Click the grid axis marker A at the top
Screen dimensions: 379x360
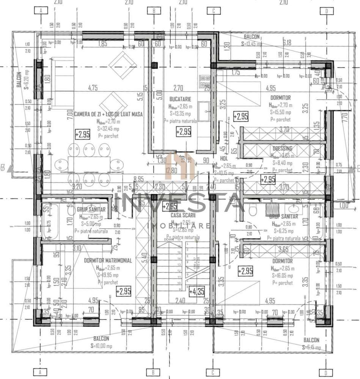pyautogui.click(x=41, y=11)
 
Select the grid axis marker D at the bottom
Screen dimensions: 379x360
pyautogui.click(x=326, y=372)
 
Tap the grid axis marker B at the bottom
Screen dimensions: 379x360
pyautogui.click(x=154, y=372)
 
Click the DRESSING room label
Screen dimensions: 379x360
pyautogui.click(x=282, y=148)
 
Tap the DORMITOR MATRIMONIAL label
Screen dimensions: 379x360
pyautogui.click(x=108, y=261)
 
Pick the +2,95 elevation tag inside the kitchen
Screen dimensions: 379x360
pyautogui.click(x=184, y=132)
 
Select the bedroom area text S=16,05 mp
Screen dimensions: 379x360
pyautogui.click(x=282, y=275)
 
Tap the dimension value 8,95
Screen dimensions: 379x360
pyautogui.click(x=138, y=179)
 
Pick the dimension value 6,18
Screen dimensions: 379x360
pyautogui.click(x=287, y=42)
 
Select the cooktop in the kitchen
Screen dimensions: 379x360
pyautogui.click(x=205, y=80)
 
